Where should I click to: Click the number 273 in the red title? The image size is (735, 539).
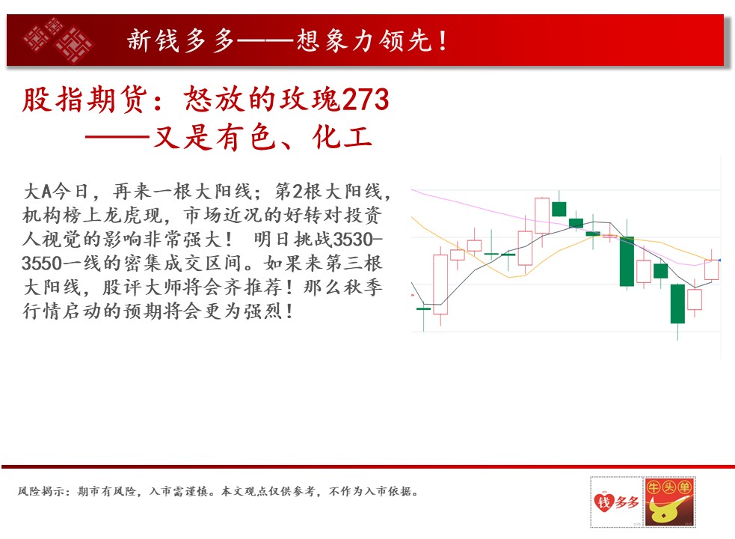pyautogui.click(x=366, y=99)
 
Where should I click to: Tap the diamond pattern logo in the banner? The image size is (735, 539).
pyautogui.click(x=59, y=40)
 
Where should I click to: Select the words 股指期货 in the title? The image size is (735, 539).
pyautogui.click(x=84, y=100)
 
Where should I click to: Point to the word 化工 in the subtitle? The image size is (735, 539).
pyautogui.click(x=342, y=138)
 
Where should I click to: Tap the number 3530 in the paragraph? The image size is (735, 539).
pyautogui.click(x=352, y=240)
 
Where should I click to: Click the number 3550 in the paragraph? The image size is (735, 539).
pyautogui.click(x=42, y=264)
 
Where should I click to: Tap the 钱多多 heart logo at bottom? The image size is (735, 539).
pyautogui.click(x=616, y=502)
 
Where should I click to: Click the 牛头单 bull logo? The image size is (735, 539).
pyautogui.click(x=669, y=502)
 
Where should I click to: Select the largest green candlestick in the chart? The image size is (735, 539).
pyautogui.click(x=627, y=261)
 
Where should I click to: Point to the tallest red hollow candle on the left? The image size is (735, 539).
pyautogui.click(x=440, y=284)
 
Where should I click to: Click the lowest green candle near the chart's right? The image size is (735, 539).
pyautogui.click(x=677, y=304)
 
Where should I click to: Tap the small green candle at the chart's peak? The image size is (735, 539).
pyautogui.click(x=559, y=208)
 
